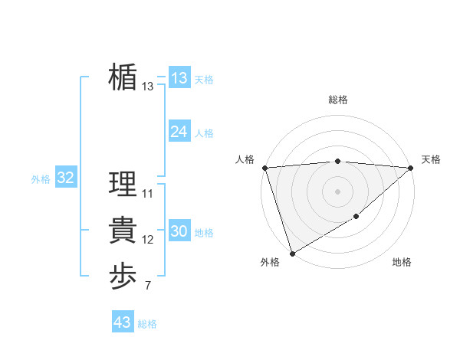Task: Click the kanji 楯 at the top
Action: [123, 78]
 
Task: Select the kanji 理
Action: [123, 185]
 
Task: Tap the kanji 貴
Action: [123, 231]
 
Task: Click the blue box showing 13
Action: [179, 78]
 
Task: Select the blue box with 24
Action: [179, 132]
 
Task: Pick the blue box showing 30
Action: [179, 231]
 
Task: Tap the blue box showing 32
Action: [65, 178]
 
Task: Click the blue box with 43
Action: [122, 322]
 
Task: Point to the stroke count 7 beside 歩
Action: [147, 286]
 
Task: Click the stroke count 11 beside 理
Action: [147, 194]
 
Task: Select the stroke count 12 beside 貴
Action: [147, 241]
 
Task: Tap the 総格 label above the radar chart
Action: [338, 100]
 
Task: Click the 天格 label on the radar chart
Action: [431, 159]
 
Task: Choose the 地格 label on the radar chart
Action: [402, 262]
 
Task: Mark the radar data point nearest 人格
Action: [264, 168]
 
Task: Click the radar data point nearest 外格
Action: [292, 253]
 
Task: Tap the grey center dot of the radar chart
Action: [338, 191]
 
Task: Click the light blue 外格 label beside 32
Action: [41, 179]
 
